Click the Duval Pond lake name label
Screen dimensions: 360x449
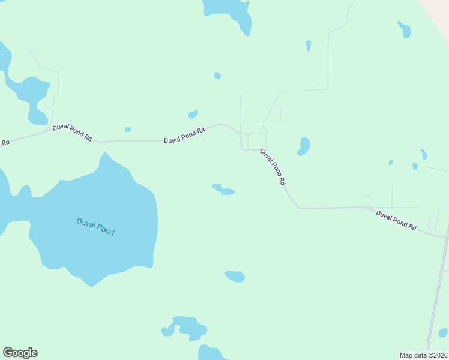click(x=95, y=226)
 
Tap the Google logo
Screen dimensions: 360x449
click(x=20, y=353)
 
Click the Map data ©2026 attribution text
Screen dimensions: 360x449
click(x=423, y=355)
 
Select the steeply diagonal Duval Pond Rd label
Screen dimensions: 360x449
click(x=273, y=166)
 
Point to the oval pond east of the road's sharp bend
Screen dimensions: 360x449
click(x=304, y=146)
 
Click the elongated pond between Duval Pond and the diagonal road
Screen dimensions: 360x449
click(x=223, y=190)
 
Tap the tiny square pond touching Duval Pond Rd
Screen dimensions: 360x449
click(x=128, y=129)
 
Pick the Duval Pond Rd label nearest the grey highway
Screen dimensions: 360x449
click(x=396, y=220)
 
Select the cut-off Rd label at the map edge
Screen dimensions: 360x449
click(x=5, y=142)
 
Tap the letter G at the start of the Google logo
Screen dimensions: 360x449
click(x=8, y=353)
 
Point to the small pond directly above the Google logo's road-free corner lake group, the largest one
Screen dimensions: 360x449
click(x=189, y=328)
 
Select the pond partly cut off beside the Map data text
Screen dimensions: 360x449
click(x=443, y=332)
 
